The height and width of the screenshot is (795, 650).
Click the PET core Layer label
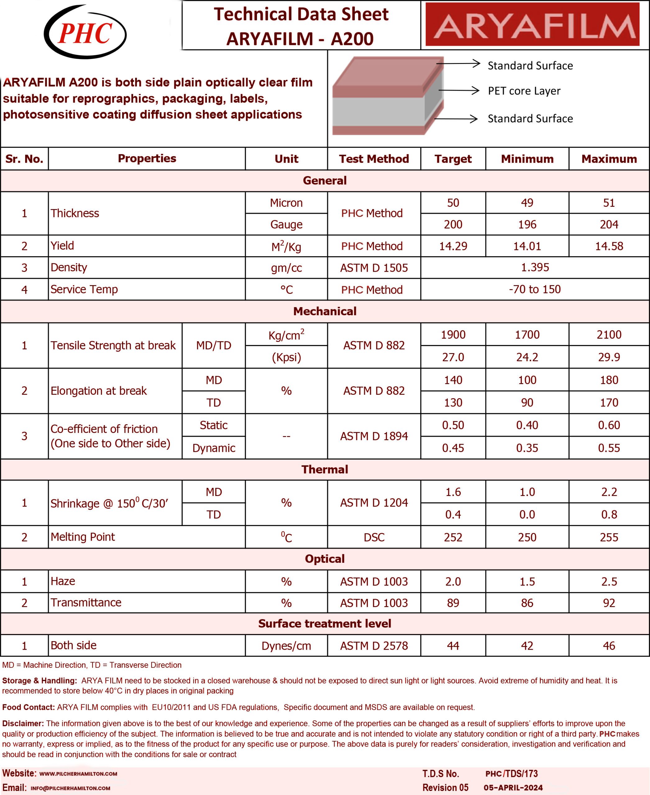524,91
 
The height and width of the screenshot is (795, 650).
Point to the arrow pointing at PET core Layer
459,91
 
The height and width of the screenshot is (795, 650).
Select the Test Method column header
374,159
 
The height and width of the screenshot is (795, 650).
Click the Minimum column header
527,159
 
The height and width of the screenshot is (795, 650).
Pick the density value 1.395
535,267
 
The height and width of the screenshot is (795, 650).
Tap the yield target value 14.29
453,246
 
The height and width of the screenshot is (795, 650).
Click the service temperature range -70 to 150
535,289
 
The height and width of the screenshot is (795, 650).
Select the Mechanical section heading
325,311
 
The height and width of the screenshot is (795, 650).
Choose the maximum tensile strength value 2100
609,334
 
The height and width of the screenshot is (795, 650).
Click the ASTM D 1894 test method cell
374,436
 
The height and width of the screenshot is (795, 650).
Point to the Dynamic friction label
213,448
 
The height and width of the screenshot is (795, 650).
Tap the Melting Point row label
83,537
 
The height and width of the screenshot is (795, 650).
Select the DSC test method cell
374,537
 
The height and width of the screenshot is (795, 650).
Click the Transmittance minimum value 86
527,602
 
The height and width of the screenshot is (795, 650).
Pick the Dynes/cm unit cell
286,646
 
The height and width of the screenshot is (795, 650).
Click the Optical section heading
325,558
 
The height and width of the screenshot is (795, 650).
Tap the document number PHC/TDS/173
511,773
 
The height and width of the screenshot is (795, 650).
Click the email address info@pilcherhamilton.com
71,788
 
